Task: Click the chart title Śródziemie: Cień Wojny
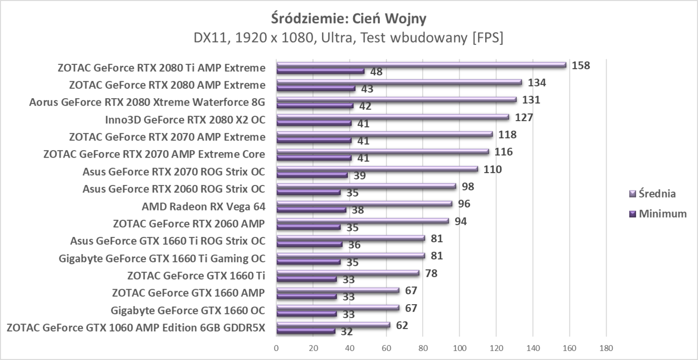(349, 18)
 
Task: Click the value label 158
(581, 65)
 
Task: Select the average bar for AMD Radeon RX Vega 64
(364, 203)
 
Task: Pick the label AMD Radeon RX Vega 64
(203, 206)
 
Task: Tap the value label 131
(530, 100)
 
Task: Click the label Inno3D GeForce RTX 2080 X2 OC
(185, 120)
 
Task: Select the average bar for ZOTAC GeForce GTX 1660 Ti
(348, 273)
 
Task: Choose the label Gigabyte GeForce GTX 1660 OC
(188, 311)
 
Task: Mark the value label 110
(492, 169)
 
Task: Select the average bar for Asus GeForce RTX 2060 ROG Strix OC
(366, 186)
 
